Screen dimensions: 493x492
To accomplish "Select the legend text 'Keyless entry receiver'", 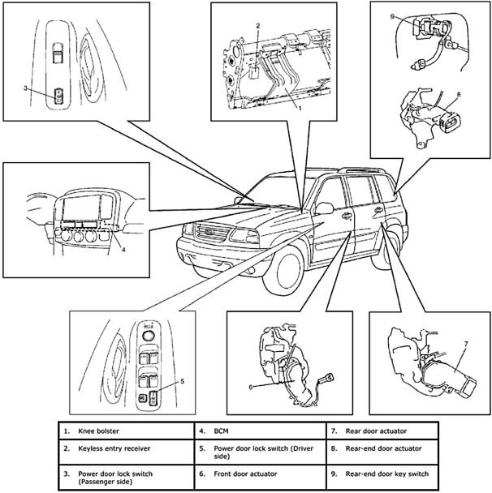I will click(x=117, y=448).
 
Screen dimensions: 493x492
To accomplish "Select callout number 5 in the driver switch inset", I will click(x=183, y=379).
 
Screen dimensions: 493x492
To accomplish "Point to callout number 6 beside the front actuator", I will click(x=251, y=387).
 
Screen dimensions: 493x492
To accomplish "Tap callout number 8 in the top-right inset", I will click(x=460, y=94).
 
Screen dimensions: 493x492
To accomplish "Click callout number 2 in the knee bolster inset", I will click(x=257, y=26).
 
